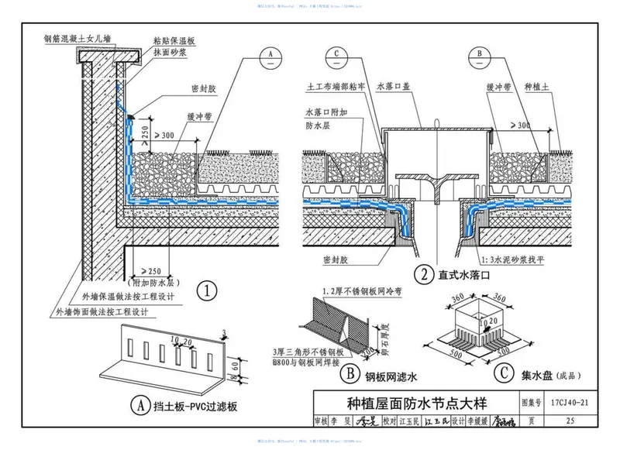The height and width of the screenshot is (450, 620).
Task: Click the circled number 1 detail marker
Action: (x=205, y=291)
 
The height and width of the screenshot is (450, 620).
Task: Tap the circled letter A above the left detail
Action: (x=270, y=54)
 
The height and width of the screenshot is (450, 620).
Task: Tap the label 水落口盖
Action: (x=395, y=88)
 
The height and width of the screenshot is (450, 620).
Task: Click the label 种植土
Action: (x=538, y=88)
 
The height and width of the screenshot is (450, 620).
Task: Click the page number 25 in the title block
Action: (x=570, y=422)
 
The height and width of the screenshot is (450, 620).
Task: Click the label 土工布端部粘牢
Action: (x=338, y=88)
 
